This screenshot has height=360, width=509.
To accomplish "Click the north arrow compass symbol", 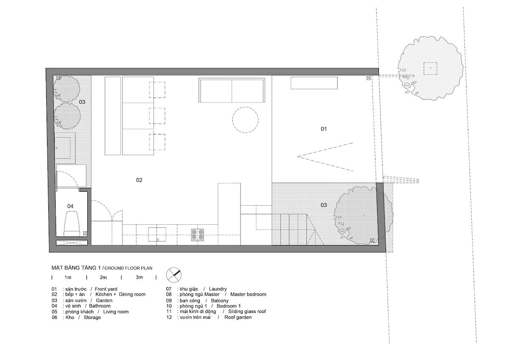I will (x=174, y=274).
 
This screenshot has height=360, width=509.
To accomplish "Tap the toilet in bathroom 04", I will (x=73, y=223).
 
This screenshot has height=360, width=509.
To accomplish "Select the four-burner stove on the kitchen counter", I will (x=198, y=234).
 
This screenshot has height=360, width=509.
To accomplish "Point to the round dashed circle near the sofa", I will (x=246, y=120).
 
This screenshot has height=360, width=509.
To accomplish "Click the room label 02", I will (x=139, y=180).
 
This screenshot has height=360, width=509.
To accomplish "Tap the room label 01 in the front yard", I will (x=323, y=129).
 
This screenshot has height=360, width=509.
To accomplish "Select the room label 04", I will (x=70, y=206).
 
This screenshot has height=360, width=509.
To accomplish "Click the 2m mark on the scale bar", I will (x=103, y=277).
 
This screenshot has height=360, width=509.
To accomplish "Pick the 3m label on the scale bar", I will (x=139, y=277).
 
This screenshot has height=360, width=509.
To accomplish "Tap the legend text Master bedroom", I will (x=248, y=294).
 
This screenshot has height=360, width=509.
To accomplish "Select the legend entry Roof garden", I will (x=238, y=317).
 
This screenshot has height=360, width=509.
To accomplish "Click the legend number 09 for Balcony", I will (x=169, y=300).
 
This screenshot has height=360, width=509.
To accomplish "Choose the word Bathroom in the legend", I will (x=100, y=306).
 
